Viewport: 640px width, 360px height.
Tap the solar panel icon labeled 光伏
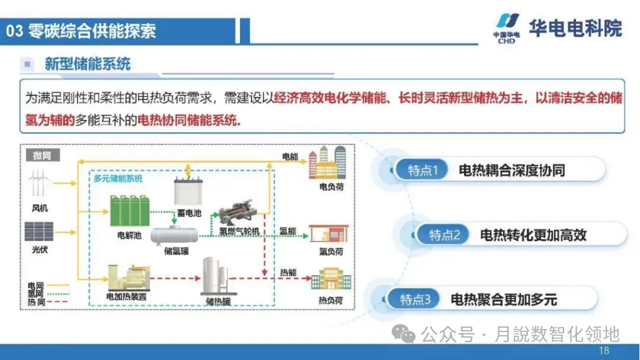pyautogui.click(x=39, y=231)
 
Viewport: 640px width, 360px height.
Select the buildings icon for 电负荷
pyautogui.click(x=327, y=163)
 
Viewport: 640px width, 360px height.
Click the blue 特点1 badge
pyautogui.click(x=422, y=170)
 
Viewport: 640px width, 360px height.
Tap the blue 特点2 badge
pyautogui.click(x=444, y=235)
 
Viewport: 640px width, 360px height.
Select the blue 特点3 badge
pyautogui.click(x=414, y=300)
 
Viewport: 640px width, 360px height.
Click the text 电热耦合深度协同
pyautogui.click(x=511, y=170)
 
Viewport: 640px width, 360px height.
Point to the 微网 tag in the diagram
pyautogui.click(x=42, y=155)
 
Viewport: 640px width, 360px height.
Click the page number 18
pyautogui.click(x=604, y=351)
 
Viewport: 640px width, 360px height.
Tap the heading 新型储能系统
pyautogui.click(x=87, y=63)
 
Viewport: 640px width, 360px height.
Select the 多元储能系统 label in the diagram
pyautogui.click(x=118, y=178)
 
